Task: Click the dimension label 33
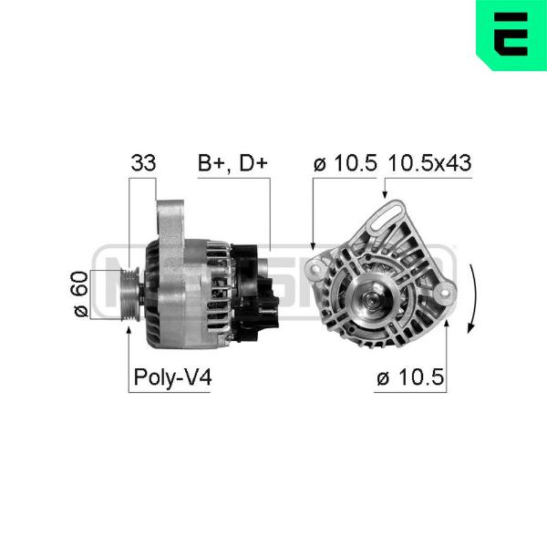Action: pyautogui.click(x=143, y=162)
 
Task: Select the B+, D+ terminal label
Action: pyautogui.click(x=232, y=163)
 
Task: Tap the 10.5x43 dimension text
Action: pyautogui.click(x=429, y=163)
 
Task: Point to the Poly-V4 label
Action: pyautogui.click(x=172, y=377)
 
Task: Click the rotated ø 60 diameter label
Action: pyautogui.click(x=81, y=294)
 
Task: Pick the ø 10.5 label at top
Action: pyautogui.click(x=345, y=163)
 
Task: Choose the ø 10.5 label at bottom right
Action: pyautogui.click(x=410, y=377)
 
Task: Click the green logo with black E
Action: pyautogui.click(x=511, y=35)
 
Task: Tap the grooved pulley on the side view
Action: pyautogui.click(x=130, y=294)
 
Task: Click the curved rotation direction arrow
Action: pyautogui.click(x=472, y=299)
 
